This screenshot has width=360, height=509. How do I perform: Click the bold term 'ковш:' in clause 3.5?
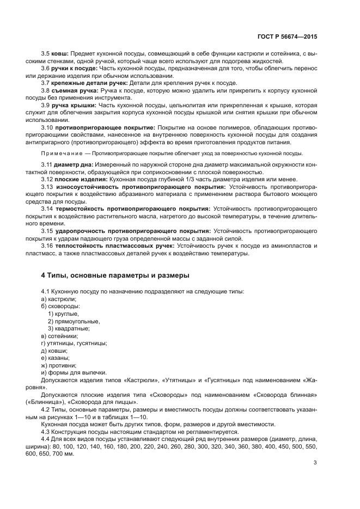click(60, 54)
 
